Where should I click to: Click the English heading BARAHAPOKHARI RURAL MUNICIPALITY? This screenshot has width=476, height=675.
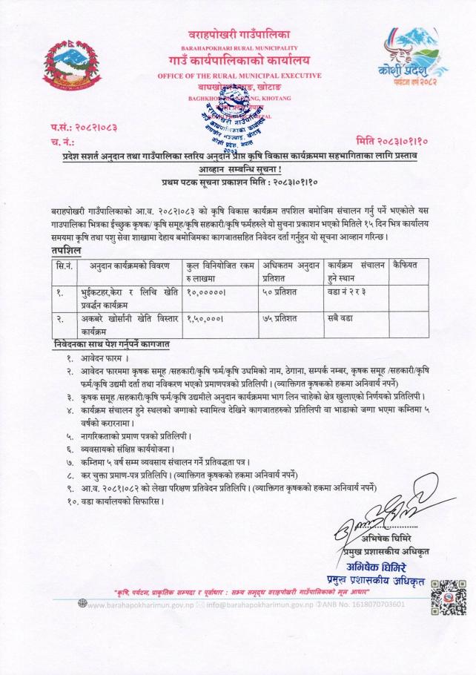[237, 46]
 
